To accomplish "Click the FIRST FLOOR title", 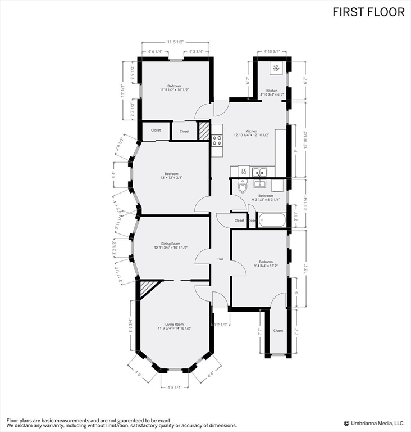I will (368, 12).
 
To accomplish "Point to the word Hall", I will (221, 259).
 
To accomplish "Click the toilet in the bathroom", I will (243, 187).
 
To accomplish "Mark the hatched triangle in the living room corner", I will (147, 290).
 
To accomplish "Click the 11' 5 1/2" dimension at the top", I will (175, 42).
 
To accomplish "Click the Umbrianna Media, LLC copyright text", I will (373, 423).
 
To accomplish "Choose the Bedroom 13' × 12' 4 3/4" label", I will (171, 175).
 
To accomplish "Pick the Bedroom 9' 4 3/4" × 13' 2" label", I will (266, 264).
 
